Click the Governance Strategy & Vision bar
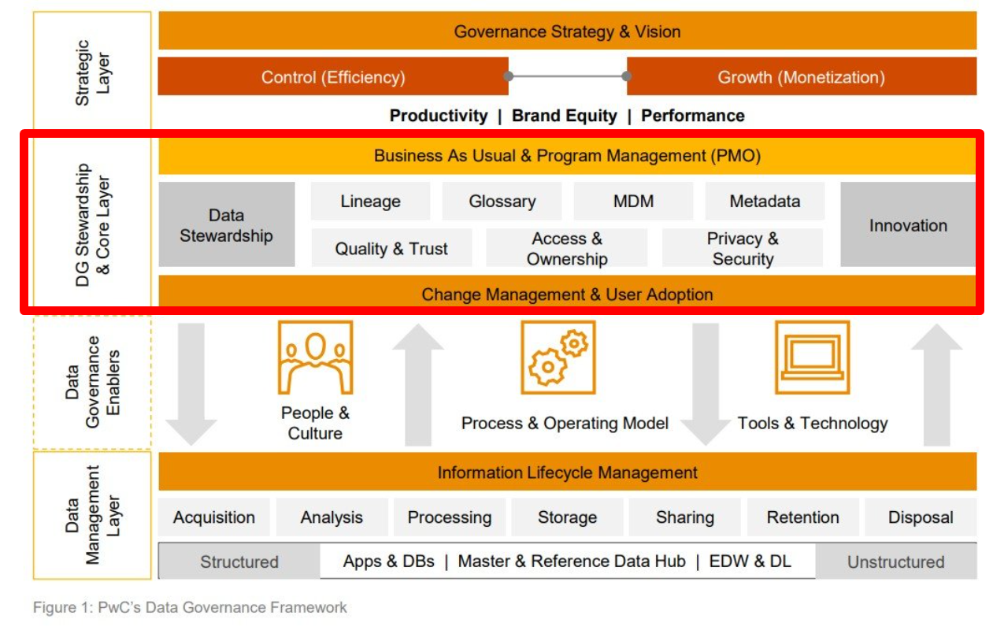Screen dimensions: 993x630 click(568, 31)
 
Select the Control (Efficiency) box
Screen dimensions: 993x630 click(333, 76)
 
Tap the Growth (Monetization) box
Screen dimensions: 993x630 click(802, 76)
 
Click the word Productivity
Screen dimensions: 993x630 click(439, 116)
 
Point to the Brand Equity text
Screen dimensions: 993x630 click(565, 116)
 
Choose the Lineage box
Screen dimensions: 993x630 click(371, 201)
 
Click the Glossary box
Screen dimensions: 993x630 click(502, 201)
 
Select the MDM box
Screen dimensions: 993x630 click(633, 201)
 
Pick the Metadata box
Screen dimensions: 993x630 click(765, 201)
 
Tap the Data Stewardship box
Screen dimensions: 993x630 click(227, 224)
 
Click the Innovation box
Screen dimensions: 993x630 click(908, 224)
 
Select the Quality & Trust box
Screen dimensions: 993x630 click(391, 247)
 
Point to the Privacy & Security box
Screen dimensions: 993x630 click(743, 247)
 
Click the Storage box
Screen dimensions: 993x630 click(568, 517)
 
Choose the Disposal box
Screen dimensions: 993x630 click(921, 517)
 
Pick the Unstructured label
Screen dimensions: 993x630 click(896, 561)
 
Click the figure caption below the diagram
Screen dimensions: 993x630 click(191, 607)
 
